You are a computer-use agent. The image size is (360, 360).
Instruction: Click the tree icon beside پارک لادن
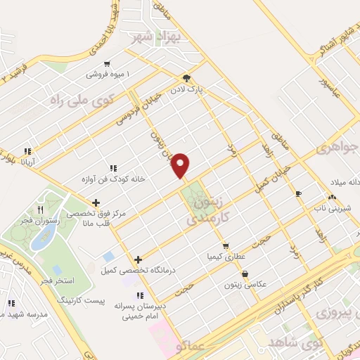point(186,79)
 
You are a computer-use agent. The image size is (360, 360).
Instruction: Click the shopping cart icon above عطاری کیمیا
point(225,246)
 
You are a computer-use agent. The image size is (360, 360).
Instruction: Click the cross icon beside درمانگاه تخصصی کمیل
point(137,259)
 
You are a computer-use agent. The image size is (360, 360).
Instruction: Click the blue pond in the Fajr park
point(40,239)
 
